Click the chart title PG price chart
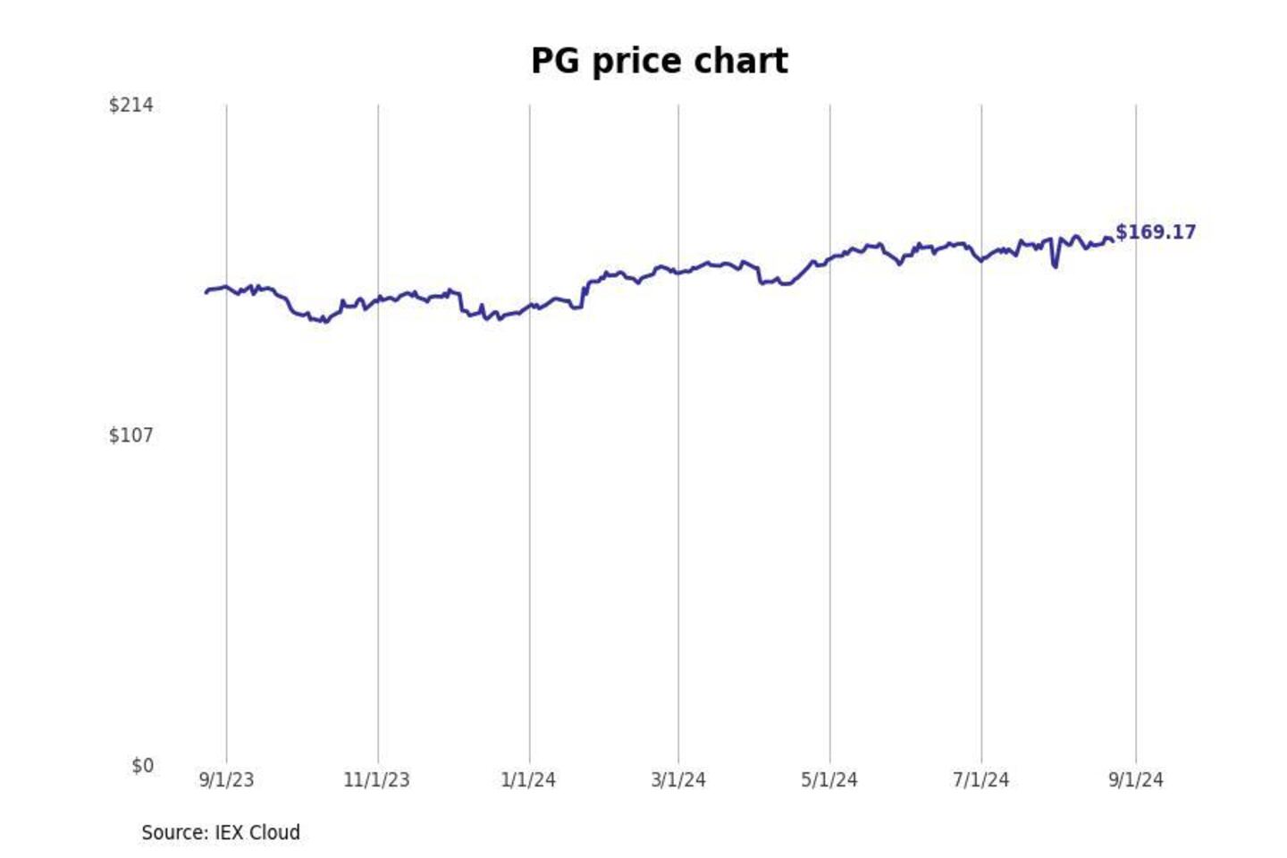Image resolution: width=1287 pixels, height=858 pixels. [x=659, y=62]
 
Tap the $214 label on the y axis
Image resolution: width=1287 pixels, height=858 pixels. [x=130, y=105]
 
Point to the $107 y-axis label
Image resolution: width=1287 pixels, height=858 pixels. [x=130, y=435]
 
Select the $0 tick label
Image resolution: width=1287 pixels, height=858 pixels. [x=142, y=766]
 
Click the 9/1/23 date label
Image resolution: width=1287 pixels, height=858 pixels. [x=226, y=780]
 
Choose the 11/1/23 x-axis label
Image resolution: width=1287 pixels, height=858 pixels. [x=376, y=780]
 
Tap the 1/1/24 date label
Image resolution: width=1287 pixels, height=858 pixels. [x=528, y=780]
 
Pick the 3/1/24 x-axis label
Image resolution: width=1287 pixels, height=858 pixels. [x=678, y=780]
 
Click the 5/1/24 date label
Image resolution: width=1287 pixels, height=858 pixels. [x=829, y=780]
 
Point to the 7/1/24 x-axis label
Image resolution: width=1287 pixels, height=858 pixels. [x=980, y=780]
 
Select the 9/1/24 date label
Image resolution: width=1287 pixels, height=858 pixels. [x=1136, y=780]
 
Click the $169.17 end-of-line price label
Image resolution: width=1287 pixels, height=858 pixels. [x=1156, y=232]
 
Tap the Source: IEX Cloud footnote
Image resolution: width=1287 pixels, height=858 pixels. [x=221, y=833]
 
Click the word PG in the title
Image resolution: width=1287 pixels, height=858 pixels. [x=554, y=62]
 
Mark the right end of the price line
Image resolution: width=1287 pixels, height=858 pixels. [x=1113, y=240]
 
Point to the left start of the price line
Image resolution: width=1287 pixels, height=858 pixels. [x=206, y=292]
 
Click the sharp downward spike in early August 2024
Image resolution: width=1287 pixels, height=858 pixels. [x=1056, y=265]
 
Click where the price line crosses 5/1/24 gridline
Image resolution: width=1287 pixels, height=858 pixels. [x=829, y=259]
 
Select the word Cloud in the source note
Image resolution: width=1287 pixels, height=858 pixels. [x=274, y=833]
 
